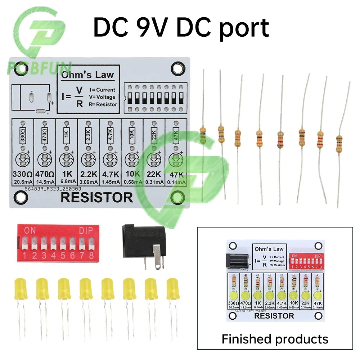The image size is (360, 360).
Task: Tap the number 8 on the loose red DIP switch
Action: click(91, 256)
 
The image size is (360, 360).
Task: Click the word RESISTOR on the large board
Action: click(97, 198)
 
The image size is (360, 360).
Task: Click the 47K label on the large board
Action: click(176, 175)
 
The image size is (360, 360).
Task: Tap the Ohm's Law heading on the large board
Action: click(87, 75)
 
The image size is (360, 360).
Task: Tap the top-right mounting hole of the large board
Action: click(177, 67)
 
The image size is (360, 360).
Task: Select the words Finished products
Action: click(275, 339)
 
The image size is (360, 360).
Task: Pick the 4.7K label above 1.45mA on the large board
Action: click(110, 175)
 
